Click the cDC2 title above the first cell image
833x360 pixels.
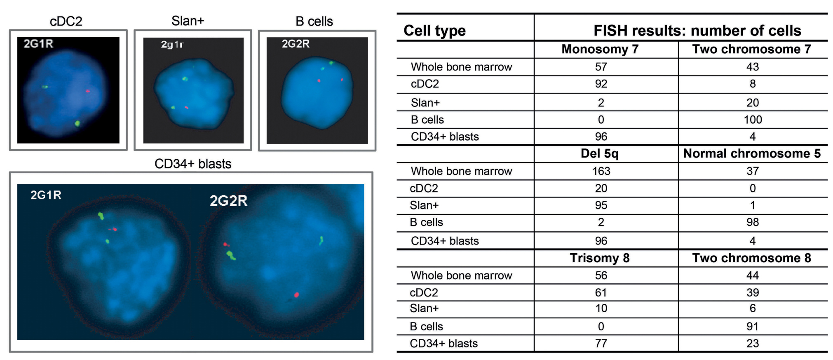pyautogui.click(x=66, y=21)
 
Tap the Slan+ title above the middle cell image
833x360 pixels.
pyautogui.click(x=188, y=21)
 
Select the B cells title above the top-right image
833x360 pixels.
pyautogui.click(x=314, y=21)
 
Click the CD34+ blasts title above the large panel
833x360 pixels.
pyautogui.click(x=193, y=164)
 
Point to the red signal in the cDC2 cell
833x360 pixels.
pyautogui.click(x=88, y=91)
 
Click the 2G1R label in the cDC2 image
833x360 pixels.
pyautogui.click(x=38, y=44)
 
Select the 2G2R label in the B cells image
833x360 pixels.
pyautogui.click(x=296, y=44)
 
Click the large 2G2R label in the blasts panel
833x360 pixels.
pyautogui.click(x=228, y=201)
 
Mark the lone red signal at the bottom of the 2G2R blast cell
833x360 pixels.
pyautogui.click(x=296, y=295)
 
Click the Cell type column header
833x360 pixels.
pyautogui.click(x=434, y=31)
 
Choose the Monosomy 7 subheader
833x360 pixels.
pyautogui.click(x=600, y=49)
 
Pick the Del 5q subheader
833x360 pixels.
pyautogui.click(x=600, y=153)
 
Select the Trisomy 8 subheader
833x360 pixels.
pyautogui.click(x=600, y=258)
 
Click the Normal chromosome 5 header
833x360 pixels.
pyautogui.click(x=752, y=153)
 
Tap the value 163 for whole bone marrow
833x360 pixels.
pyautogui.click(x=601, y=171)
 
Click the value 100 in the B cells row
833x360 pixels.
pyautogui.click(x=753, y=120)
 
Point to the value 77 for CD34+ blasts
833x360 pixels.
pyautogui.click(x=601, y=344)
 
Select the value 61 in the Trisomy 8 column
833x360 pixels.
pyautogui.click(x=601, y=293)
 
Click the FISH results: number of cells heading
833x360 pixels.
pyautogui.click(x=697, y=31)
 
